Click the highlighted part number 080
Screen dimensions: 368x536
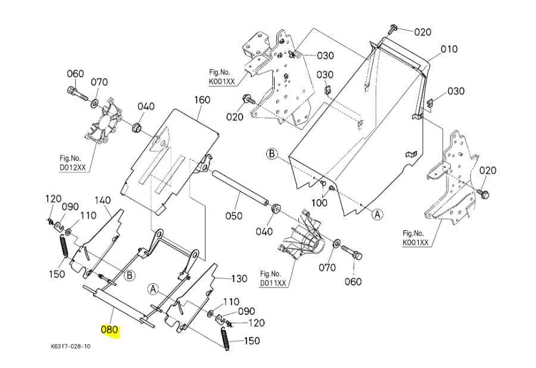[x=110, y=329]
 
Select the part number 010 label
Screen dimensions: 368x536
[x=448, y=49]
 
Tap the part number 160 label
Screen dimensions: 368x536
[x=202, y=100]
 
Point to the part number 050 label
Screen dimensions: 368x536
[x=233, y=215]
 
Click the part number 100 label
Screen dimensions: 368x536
[x=320, y=203]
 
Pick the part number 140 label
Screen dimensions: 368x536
[x=104, y=200]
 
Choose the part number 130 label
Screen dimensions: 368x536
[x=239, y=279]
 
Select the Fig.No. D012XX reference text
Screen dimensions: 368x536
[x=73, y=163]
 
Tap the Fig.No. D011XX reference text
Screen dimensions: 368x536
[x=273, y=278]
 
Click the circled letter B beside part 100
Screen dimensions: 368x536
[x=272, y=154]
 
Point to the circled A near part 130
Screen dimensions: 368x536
[x=153, y=289]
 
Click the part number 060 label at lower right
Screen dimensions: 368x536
[x=353, y=282]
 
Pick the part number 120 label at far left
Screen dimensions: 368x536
[x=54, y=199]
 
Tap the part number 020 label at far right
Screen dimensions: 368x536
[x=488, y=171]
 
